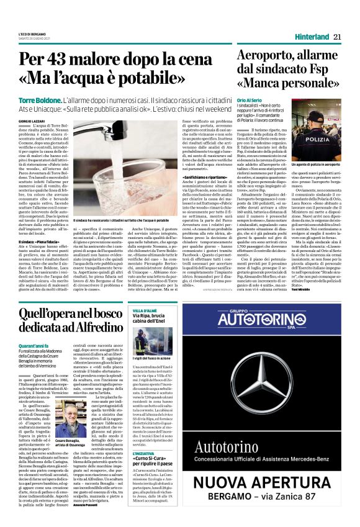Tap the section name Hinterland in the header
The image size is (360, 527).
[x=312, y=37]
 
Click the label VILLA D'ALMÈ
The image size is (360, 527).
[x=145, y=309]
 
